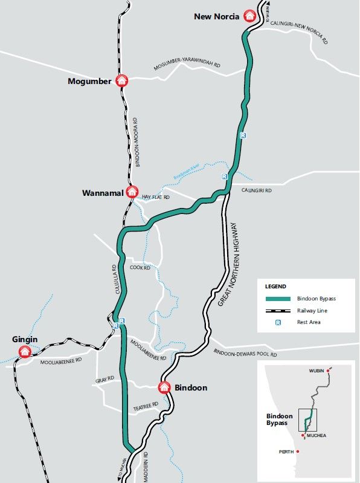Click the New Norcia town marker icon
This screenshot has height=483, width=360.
249,16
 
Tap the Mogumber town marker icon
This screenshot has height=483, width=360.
121,80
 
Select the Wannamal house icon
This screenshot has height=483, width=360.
132,192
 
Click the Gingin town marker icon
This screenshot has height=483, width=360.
25,351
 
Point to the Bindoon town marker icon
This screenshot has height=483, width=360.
164,387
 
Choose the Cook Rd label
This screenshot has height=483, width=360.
140,267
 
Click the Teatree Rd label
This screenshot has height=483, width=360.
146,406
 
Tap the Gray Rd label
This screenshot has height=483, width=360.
104,380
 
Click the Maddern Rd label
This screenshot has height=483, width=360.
146,465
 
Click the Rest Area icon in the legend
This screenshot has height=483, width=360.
278,322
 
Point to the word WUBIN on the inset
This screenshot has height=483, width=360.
317,370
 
